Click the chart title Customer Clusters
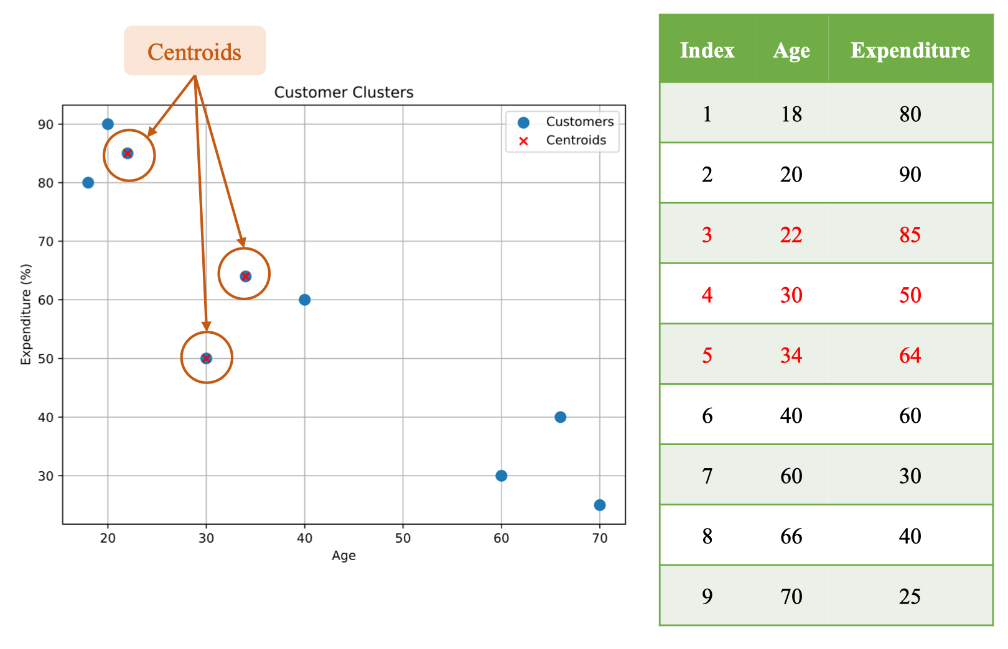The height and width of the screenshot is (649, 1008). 343,92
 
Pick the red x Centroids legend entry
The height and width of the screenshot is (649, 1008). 562,140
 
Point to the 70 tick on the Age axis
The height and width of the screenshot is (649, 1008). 599,538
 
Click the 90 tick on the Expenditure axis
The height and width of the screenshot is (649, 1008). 46,124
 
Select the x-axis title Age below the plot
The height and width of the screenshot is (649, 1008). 344,556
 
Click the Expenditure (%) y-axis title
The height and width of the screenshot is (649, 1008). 26,314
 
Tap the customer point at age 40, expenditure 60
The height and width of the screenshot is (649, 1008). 305,300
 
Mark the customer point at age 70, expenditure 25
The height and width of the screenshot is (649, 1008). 599,505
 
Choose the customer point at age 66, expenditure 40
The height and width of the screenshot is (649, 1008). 560,417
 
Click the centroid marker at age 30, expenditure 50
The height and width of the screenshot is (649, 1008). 206,358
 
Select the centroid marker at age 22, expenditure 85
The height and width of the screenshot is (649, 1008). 128,154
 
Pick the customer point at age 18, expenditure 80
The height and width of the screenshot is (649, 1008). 88,183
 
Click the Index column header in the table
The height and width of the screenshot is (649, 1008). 707,50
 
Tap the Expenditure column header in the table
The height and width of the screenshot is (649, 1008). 910,50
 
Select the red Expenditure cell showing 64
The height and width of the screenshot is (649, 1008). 910,355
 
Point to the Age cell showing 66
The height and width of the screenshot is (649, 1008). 791,536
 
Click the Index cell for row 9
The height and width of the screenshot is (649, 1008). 707,596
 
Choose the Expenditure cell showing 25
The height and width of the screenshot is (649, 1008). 910,596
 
